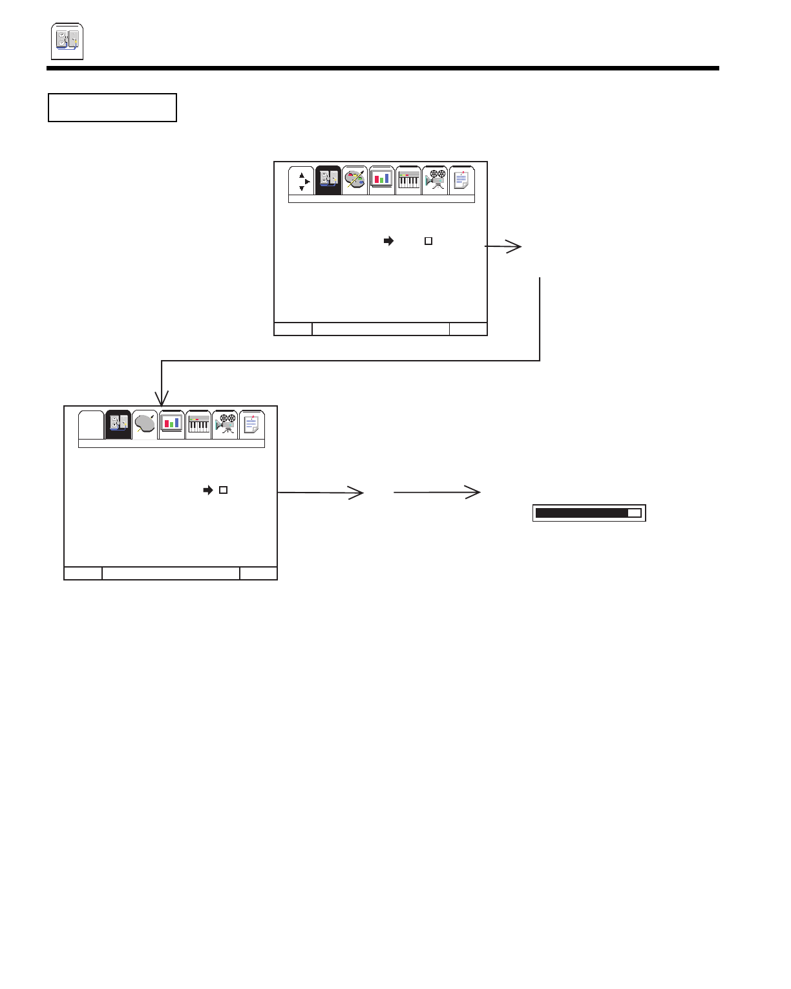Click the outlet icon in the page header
(x=67, y=41)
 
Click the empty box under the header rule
(x=112, y=107)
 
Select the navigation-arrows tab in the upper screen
(x=301, y=181)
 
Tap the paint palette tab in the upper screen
(x=355, y=180)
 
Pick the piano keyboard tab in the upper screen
(x=408, y=180)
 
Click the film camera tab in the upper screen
(x=436, y=180)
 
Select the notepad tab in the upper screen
(x=462, y=180)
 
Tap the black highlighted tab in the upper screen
(x=328, y=180)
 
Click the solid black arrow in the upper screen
(x=388, y=241)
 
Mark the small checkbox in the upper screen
(x=428, y=241)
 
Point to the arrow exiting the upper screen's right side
(x=504, y=246)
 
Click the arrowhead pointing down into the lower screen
(x=162, y=398)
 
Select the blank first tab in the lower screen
(x=91, y=425)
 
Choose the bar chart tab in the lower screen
(x=171, y=424)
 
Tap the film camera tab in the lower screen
(x=225, y=424)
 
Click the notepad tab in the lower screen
(x=252, y=425)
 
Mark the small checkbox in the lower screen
(x=223, y=490)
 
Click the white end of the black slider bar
(x=634, y=513)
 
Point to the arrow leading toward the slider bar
(x=438, y=493)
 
